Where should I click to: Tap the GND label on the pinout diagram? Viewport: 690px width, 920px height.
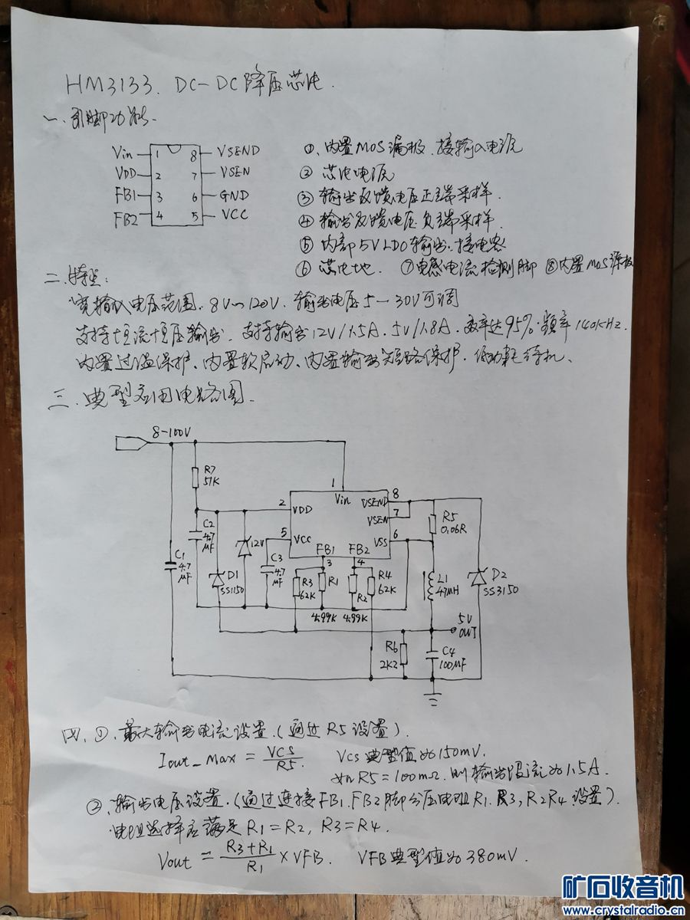coord(235,195)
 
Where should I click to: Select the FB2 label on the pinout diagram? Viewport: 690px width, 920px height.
coord(126,219)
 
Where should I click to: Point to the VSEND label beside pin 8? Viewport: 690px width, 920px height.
coord(238,151)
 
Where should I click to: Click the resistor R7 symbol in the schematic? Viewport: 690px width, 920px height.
coord(196,478)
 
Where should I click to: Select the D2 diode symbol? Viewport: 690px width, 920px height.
coord(481,576)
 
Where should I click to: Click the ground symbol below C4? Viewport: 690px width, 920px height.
coord(433,699)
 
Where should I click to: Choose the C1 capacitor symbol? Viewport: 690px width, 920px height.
coord(172,566)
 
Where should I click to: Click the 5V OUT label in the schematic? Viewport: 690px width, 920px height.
coord(466,625)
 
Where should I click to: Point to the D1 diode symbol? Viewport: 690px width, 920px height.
coord(219,577)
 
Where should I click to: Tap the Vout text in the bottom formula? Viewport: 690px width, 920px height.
coord(174,861)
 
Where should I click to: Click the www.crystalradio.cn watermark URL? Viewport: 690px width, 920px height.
coord(623,910)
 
